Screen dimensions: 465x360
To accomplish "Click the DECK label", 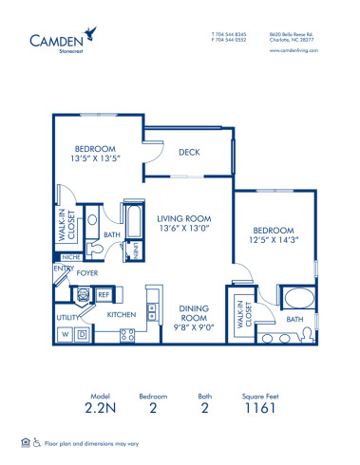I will (188, 150).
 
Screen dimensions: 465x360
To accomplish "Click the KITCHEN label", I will (123, 313).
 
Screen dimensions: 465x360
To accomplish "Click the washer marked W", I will (66, 335).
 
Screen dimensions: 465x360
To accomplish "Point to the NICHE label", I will (69, 256).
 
